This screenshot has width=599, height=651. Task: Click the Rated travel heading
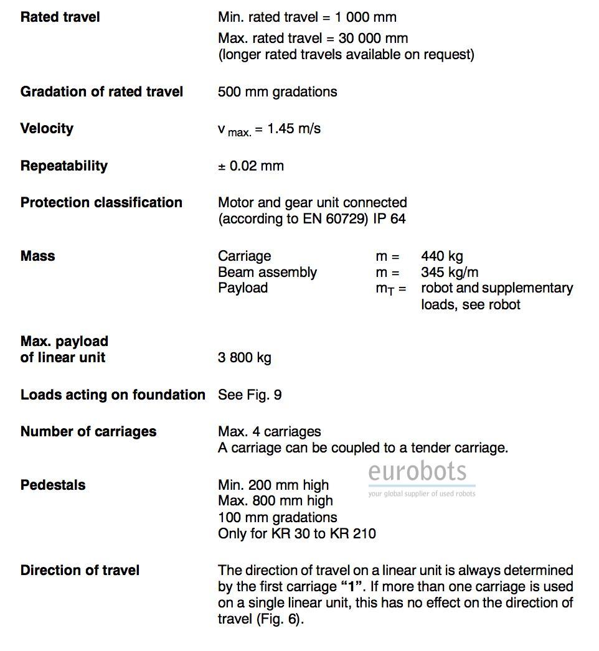60,17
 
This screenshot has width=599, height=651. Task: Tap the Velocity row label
47,128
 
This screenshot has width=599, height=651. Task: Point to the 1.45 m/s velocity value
294,129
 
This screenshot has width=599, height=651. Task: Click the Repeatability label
64,166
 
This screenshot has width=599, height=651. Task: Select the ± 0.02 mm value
251,166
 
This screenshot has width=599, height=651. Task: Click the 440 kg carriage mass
441,256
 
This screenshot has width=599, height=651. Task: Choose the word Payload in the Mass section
243,288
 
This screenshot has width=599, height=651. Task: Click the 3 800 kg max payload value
244,358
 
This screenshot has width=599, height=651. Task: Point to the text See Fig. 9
249,395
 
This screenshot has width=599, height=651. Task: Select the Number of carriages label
88,431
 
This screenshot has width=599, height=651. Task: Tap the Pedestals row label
53,485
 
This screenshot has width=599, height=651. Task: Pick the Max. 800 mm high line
275,501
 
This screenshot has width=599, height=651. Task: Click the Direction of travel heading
80,570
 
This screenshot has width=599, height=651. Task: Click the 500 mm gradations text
277,91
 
